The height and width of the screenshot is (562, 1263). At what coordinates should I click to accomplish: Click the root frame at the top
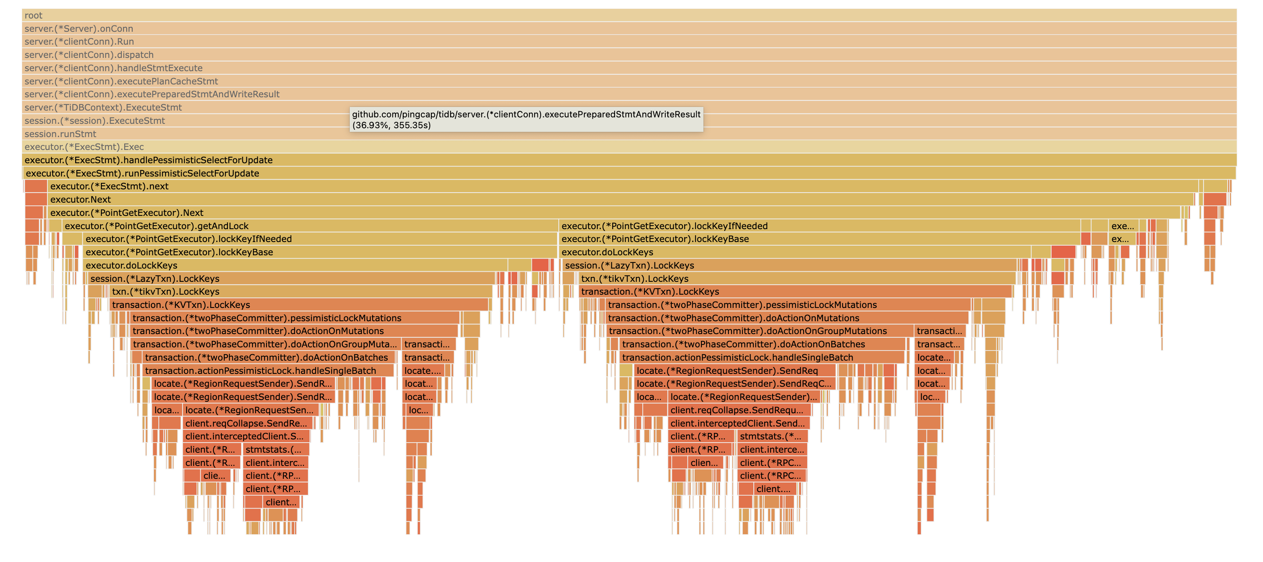tap(629, 15)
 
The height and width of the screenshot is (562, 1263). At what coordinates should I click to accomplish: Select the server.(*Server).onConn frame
tap(629, 29)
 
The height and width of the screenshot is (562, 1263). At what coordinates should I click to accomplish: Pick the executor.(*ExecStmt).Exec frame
tap(629, 147)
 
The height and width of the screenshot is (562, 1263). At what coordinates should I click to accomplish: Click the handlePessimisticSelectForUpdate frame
tap(629, 160)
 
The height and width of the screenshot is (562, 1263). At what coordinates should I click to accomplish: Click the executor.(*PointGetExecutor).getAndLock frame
tap(309, 226)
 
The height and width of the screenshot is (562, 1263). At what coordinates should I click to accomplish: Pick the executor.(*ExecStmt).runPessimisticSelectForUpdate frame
tap(629, 173)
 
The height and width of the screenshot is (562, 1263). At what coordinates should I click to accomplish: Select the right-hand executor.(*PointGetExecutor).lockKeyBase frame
tap(819, 239)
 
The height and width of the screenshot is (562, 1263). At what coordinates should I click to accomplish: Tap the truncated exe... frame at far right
tap(1122, 226)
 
